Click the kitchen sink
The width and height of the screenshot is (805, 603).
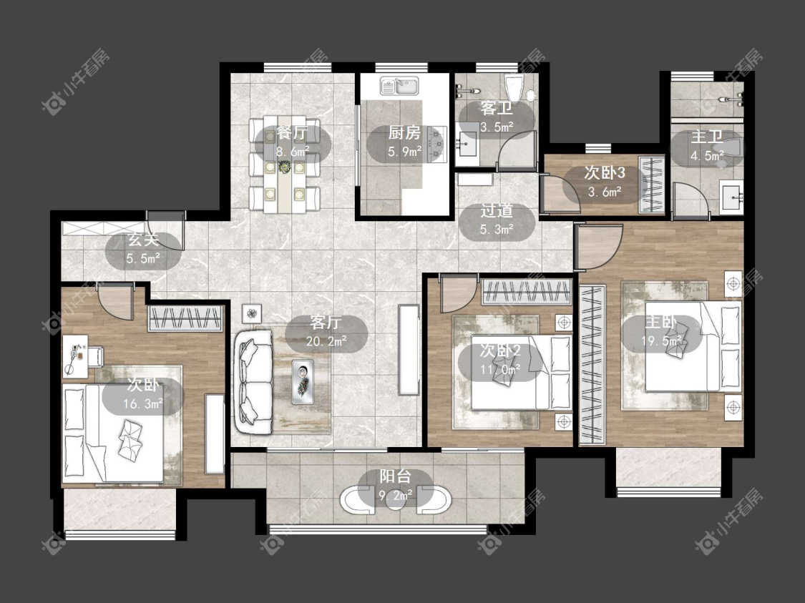coord(399,87)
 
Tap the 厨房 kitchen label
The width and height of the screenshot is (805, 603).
coord(404,134)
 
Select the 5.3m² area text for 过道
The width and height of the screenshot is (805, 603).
coord(497,230)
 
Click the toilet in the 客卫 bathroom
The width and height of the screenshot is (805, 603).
coord(514,88)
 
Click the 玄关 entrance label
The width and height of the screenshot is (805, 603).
coord(143,240)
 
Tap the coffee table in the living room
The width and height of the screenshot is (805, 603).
coord(303,381)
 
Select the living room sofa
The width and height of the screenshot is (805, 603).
coord(254,382)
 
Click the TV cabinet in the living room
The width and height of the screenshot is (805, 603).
coord(409,350)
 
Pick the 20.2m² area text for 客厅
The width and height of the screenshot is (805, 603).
coord(326,340)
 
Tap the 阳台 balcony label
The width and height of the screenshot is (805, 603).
coord(395,477)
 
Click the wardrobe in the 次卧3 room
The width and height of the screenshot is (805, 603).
coord(651,185)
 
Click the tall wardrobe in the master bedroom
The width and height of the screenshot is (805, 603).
coord(592,365)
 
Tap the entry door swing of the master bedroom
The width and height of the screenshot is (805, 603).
coord(599,246)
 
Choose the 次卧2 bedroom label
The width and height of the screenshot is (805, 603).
coord(500,351)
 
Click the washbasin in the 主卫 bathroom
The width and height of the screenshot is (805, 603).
coord(731,197)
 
